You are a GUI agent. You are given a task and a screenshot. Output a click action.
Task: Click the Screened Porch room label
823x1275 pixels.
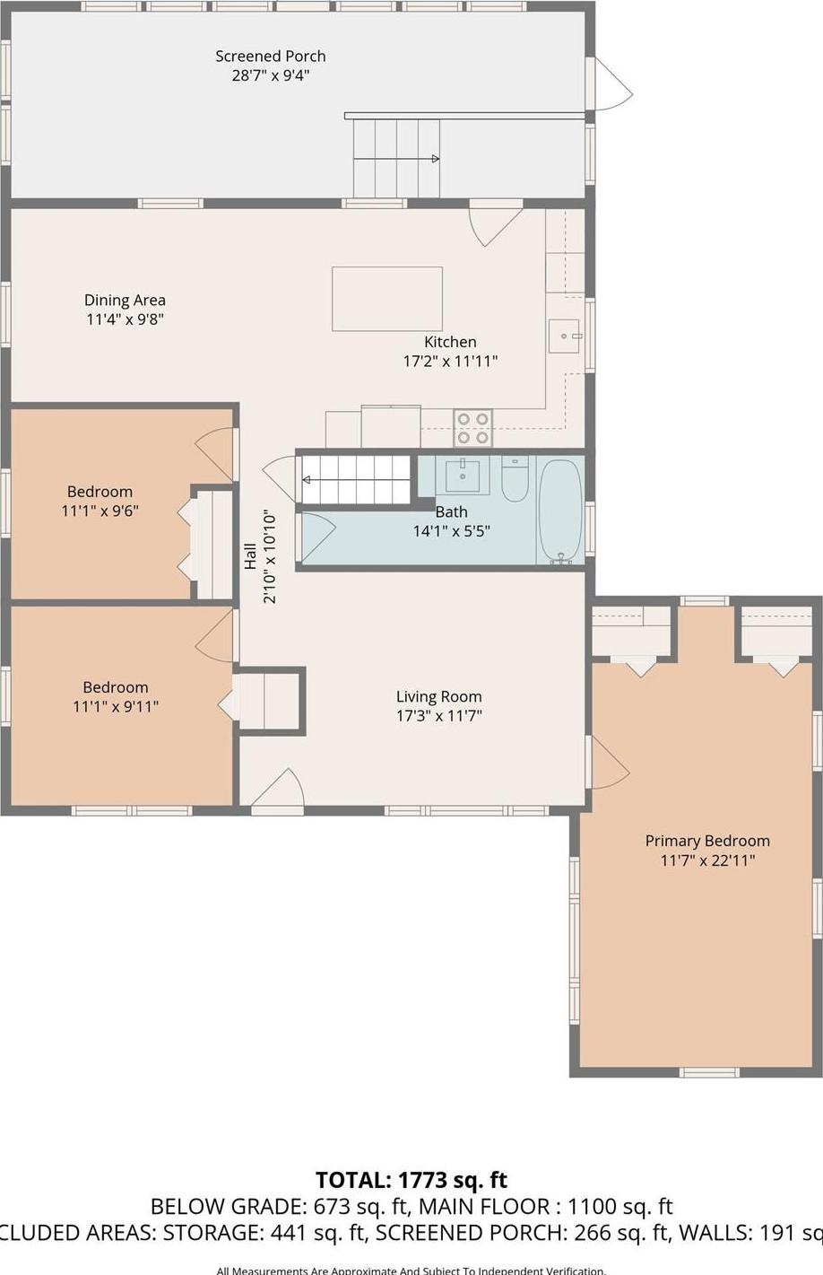click(x=270, y=57)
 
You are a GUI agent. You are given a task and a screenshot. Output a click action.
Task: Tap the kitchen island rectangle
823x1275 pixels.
click(x=386, y=299)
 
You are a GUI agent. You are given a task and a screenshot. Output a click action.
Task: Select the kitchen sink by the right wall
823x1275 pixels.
click(x=564, y=336)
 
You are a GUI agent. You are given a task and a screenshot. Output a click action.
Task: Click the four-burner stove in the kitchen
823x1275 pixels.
click(x=472, y=428)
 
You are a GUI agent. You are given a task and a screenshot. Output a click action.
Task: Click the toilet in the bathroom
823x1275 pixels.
click(x=515, y=480)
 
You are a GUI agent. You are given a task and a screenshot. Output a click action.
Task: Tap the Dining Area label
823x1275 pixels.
click(x=125, y=301)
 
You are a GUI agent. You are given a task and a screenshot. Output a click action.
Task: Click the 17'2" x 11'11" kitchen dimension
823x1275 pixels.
click(x=450, y=362)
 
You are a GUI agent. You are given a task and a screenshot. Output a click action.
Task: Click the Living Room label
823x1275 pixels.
click(x=438, y=696)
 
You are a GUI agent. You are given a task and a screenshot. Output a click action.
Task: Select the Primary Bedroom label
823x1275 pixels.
click(x=707, y=841)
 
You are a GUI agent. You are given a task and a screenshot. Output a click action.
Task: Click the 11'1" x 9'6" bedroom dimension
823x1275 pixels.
click(x=100, y=511)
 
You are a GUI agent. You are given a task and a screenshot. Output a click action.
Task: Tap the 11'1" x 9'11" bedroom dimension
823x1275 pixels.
click(x=116, y=707)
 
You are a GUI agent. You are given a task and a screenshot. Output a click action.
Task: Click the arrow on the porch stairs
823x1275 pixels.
click(x=435, y=159)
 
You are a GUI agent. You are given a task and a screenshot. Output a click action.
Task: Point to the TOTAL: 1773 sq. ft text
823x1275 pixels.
click(x=411, y=1179)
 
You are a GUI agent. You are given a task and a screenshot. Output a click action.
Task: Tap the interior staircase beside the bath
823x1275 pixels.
click(x=355, y=479)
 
